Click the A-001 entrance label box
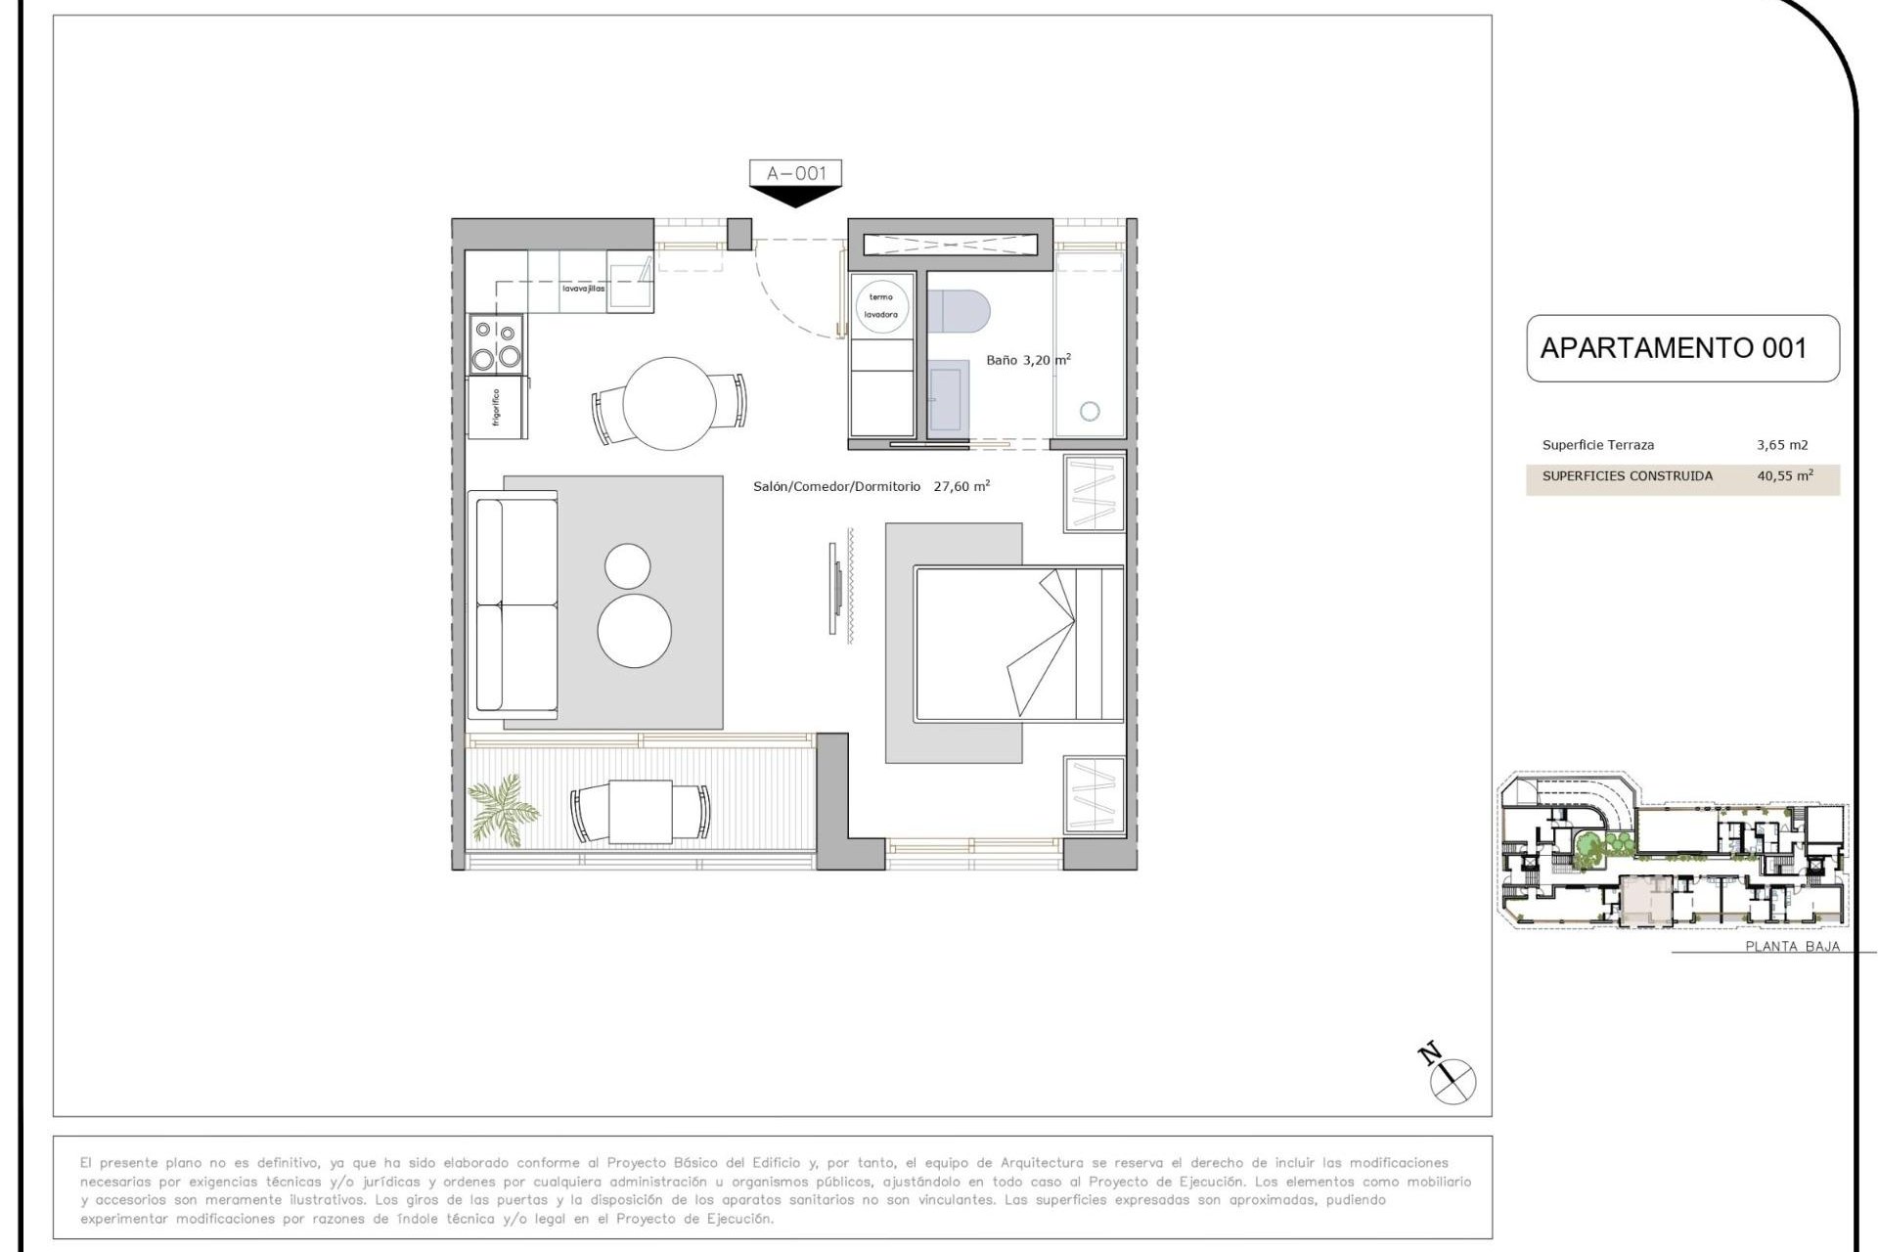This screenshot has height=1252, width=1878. pos(795,173)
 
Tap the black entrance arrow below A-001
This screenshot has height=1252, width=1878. pos(795,197)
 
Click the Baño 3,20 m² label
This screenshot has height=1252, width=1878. pos(1027,360)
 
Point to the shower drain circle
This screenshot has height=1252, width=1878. pos(1090,412)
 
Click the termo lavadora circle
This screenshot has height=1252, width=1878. pos(881,305)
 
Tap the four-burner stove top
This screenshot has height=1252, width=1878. pos(497,344)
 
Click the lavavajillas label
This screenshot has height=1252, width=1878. pos(583,289)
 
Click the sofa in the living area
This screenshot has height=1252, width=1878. pos(514,604)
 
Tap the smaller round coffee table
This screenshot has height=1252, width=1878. pos(627,566)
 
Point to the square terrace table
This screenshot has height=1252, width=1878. pos(640,812)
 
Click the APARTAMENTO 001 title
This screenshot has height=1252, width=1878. pos(1673,348)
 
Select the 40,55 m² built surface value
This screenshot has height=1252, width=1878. pos(1784,476)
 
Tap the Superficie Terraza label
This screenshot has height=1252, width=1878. pos(1597,445)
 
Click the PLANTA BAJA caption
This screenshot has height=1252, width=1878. pos(1792,946)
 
